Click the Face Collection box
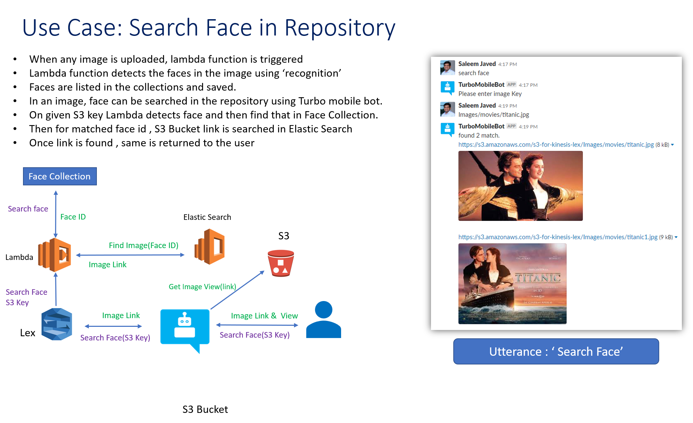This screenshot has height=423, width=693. tap(60, 176)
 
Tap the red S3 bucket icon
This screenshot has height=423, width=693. tap(280, 263)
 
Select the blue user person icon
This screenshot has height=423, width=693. tap(323, 320)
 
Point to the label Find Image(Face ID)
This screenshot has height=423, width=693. tap(144, 246)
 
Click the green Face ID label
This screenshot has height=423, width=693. tap(73, 217)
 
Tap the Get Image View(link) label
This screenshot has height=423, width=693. tap(202, 287)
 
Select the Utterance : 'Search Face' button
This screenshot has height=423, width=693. tap(556, 352)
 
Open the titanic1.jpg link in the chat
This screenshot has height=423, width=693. tap(557, 237)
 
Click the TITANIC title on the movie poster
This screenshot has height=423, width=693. tap(538, 278)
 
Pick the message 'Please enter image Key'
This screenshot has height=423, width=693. tap(490, 94)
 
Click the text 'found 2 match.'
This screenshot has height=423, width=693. tap(479, 136)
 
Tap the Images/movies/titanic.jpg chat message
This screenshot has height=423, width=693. tap(493, 115)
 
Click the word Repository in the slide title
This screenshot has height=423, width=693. tap(340, 28)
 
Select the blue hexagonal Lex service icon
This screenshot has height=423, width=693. tap(56, 324)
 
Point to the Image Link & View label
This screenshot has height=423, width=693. tap(264, 316)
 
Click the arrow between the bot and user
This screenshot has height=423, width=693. tap(257, 325)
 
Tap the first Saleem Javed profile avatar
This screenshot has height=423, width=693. tap(447, 68)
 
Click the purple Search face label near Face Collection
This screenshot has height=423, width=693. tap(28, 209)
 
